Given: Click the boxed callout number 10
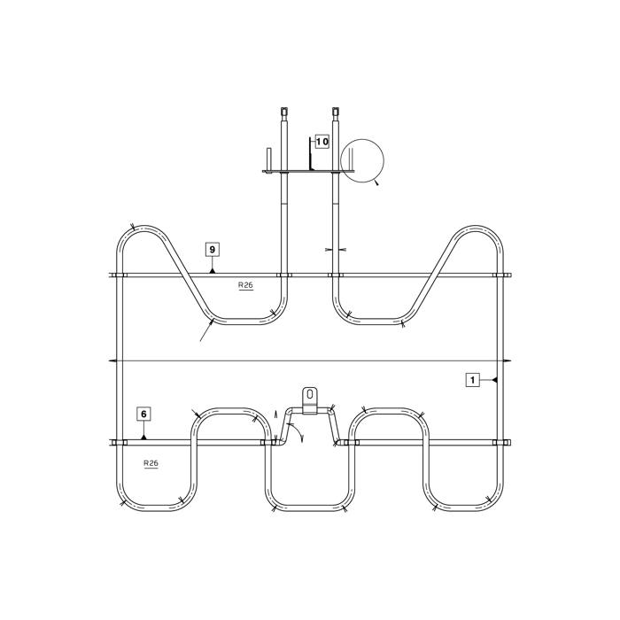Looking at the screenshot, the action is click(322, 141).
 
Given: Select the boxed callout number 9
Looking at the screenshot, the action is click(213, 250).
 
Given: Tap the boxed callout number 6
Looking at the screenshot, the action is click(143, 414).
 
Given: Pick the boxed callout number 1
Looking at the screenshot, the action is click(472, 380).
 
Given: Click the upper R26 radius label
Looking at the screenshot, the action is click(245, 285).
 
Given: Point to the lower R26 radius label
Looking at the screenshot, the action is click(151, 463).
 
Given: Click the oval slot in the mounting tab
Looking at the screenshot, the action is click(310, 394).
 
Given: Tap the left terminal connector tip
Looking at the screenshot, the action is click(284, 111).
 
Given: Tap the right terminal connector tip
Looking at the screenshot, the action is click(336, 111).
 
